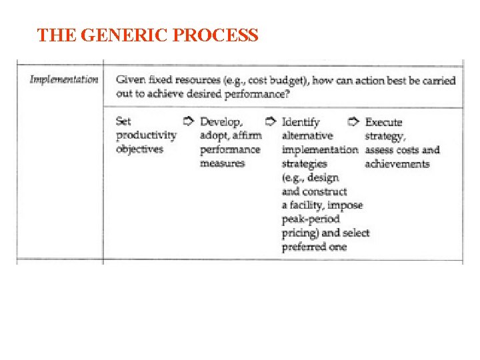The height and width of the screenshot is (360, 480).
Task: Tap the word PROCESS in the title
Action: (x=216, y=35)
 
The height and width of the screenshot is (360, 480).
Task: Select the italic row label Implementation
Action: (x=64, y=79)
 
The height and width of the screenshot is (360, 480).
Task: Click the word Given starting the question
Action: (x=131, y=80)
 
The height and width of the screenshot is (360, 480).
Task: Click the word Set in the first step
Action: (x=123, y=121)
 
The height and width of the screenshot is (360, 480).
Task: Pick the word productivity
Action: (x=146, y=135)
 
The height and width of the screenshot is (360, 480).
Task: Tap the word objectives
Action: (x=139, y=149)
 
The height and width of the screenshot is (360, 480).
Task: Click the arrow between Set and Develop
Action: (x=188, y=121)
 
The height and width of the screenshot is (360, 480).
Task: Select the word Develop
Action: (x=221, y=122)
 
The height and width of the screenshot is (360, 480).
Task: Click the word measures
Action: (x=222, y=163)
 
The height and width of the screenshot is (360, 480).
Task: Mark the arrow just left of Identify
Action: (x=271, y=121)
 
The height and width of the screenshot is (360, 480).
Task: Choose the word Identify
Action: (x=301, y=122)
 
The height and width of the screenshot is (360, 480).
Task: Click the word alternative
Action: (x=307, y=135)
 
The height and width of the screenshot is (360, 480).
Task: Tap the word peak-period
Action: (x=311, y=219)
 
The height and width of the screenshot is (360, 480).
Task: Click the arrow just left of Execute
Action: (x=354, y=121)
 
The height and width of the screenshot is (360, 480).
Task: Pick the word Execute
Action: (x=384, y=122)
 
